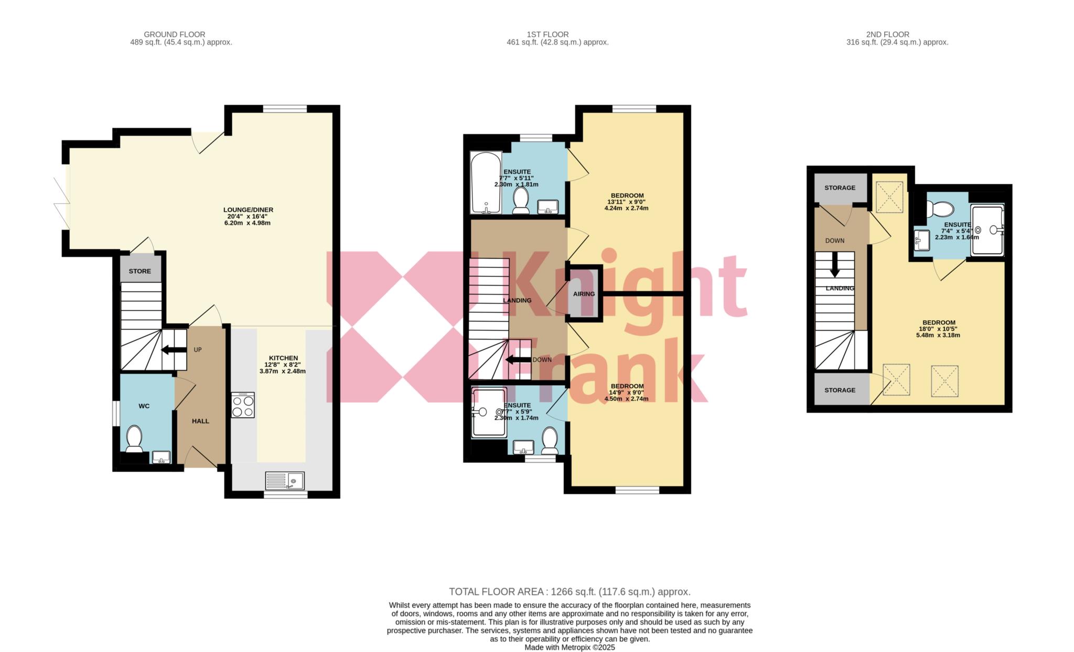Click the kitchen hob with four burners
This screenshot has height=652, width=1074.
click(243, 405)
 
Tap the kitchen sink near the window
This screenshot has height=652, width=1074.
click(285, 480)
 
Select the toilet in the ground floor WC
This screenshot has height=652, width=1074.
click(134, 439)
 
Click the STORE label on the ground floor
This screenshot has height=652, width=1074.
click(140, 271)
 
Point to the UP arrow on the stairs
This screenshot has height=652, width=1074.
click(174, 350)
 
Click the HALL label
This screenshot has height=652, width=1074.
click(200, 421)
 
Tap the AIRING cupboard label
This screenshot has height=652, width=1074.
click(584, 294)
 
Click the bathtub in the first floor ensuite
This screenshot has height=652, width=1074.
click(486, 183)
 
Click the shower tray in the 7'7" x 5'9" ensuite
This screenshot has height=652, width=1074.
click(489, 412)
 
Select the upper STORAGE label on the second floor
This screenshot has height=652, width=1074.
click(840, 188)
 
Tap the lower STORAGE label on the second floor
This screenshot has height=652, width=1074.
click(840, 390)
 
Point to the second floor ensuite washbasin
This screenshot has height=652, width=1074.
click(921, 241)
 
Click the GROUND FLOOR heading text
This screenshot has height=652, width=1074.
click(175, 35)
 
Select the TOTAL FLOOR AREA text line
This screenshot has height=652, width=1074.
click(570, 592)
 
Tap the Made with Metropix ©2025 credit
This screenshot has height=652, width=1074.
click(570, 647)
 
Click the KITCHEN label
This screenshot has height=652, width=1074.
click(284, 358)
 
